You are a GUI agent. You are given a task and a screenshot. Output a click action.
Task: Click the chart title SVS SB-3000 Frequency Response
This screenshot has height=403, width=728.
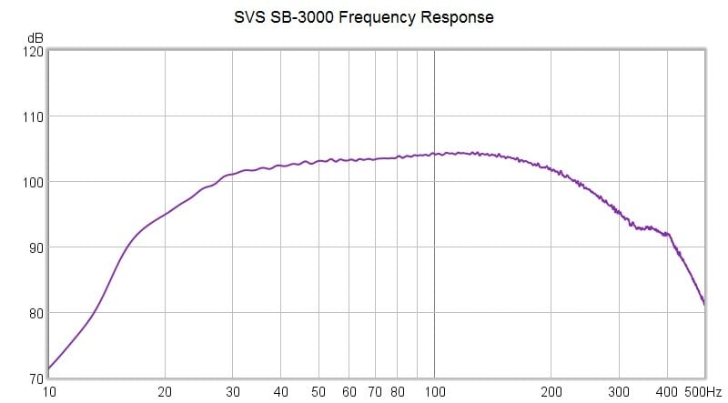[x=363, y=17]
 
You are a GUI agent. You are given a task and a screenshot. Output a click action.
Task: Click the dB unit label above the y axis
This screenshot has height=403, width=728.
[x=35, y=38]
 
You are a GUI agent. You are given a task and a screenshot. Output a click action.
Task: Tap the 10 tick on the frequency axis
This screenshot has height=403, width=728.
[x=49, y=392]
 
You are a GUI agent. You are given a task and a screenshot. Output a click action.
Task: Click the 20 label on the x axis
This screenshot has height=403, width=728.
[x=165, y=392]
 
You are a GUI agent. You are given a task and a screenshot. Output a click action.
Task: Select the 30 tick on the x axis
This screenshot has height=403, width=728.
[x=233, y=392]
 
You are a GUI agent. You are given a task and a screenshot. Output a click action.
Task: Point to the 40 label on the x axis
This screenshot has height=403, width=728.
[x=281, y=392]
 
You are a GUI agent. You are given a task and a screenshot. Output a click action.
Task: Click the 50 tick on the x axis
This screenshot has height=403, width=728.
[x=318, y=392]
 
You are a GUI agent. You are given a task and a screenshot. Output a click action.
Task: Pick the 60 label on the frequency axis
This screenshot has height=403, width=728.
[x=349, y=392]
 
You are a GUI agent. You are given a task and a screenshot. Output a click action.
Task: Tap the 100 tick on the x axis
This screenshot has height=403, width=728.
[x=434, y=392]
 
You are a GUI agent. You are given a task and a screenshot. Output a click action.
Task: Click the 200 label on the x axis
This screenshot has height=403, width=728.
[x=550, y=392]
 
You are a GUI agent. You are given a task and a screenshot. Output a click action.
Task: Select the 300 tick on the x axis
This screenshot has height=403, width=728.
[x=618, y=392]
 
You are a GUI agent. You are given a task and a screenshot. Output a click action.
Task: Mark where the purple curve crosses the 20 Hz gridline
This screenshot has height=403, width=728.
[x=165, y=215]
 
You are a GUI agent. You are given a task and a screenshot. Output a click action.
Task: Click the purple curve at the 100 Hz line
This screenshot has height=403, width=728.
[x=434, y=154]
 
